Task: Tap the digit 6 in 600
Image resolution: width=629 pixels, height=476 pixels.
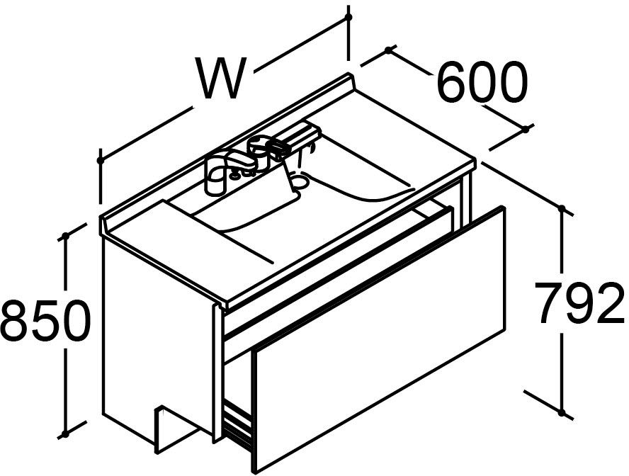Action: tap(451, 83)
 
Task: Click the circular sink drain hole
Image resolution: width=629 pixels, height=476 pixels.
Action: tap(300, 181)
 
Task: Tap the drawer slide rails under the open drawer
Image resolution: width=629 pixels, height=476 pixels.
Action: tap(237, 426)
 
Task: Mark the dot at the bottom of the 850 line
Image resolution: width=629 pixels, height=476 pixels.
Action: tap(64, 434)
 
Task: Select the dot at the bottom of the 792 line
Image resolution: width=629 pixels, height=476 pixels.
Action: tap(562, 412)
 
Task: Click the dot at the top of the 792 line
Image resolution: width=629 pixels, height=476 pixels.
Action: tap(562, 208)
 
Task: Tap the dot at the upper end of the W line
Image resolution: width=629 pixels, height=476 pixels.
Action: tap(348, 17)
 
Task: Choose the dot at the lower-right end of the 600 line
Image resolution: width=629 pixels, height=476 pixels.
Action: tap(525, 129)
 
